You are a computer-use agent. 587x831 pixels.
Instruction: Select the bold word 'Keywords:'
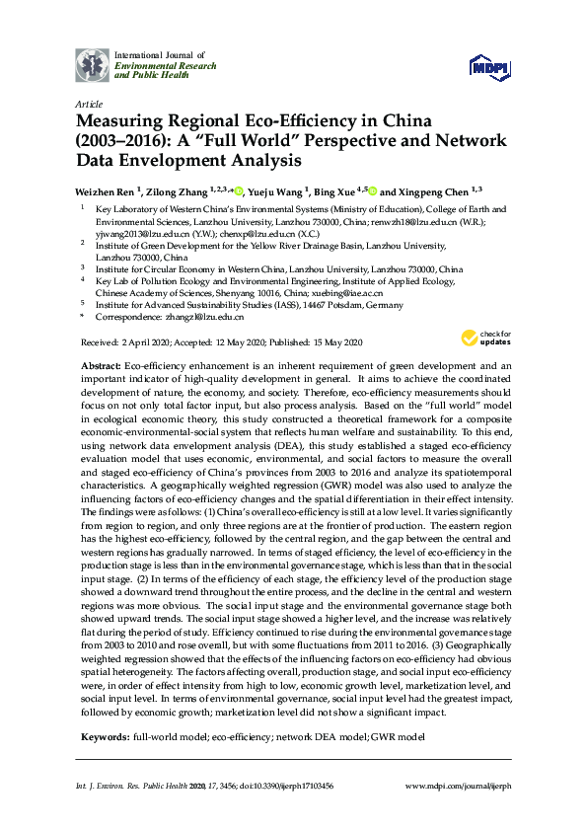point(104,737)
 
